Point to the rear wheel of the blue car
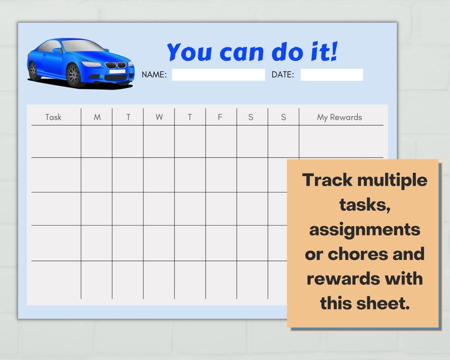point(33,70)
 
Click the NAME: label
point(154,75)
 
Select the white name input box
point(218,75)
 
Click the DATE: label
point(283,75)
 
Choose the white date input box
point(332,75)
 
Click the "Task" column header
point(53,117)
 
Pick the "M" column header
point(97,117)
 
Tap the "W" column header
point(159,117)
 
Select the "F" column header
point(220,117)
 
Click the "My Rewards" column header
point(339,117)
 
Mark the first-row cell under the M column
point(97,142)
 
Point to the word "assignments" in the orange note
point(364,230)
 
